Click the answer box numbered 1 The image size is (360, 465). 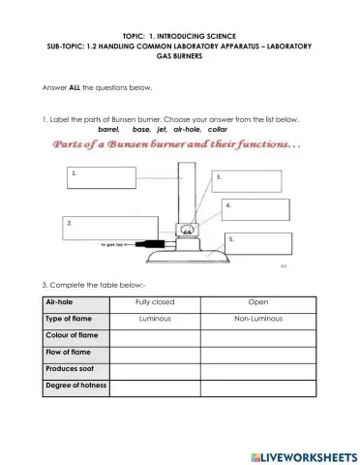[101, 177]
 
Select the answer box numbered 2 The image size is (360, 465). [96, 229]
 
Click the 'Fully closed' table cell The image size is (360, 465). [156, 302]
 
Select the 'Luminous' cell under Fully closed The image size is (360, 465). [156, 319]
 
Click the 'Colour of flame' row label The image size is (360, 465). [71, 335]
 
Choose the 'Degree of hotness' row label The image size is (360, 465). [75, 387]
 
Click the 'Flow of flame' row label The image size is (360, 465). [67, 353]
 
